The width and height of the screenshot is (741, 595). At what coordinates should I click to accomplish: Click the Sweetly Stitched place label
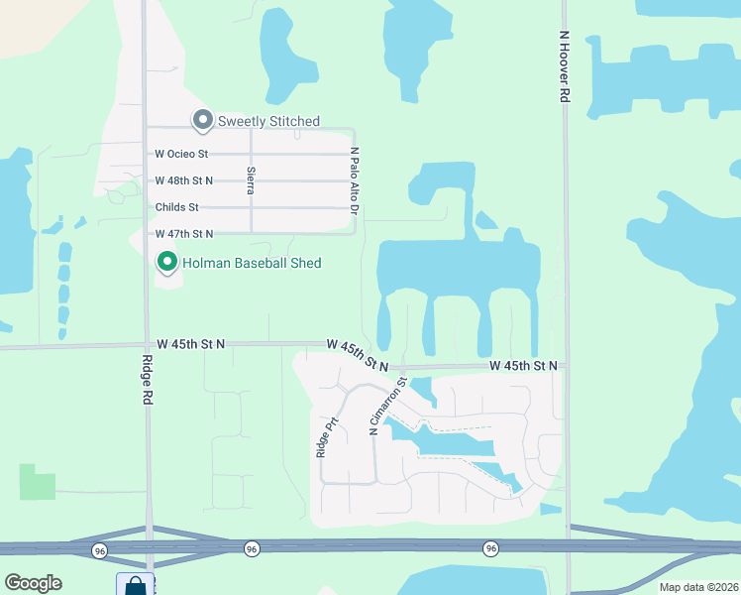coord(268,121)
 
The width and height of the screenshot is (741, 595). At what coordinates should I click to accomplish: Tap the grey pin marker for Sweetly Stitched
coord(203,120)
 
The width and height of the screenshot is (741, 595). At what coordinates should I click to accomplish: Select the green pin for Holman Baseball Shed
coord(167,262)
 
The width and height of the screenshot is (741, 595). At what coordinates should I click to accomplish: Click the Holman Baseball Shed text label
coord(251,263)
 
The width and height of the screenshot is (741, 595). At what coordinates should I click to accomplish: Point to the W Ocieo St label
coord(181,154)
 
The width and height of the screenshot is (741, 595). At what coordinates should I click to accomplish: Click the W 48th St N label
coord(184,180)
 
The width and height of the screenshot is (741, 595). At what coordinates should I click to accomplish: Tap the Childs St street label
coord(177,207)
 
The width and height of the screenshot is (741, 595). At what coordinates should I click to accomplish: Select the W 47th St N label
coord(184,233)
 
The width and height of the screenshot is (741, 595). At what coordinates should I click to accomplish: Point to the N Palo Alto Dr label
coord(354,180)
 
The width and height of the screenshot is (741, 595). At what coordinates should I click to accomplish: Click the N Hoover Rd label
coord(563,65)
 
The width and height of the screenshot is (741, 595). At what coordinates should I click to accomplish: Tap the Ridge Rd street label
coord(147,379)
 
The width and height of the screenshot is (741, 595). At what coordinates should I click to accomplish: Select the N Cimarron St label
coord(388,406)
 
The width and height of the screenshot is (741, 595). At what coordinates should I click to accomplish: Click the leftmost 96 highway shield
coord(99,549)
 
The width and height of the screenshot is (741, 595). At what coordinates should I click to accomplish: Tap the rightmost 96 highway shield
coord(490,548)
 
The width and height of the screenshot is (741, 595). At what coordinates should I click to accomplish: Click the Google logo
coord(33,583)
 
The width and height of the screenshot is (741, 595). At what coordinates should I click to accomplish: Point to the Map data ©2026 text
coord(698,587)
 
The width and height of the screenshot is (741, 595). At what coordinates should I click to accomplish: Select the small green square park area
coord(37,481)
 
